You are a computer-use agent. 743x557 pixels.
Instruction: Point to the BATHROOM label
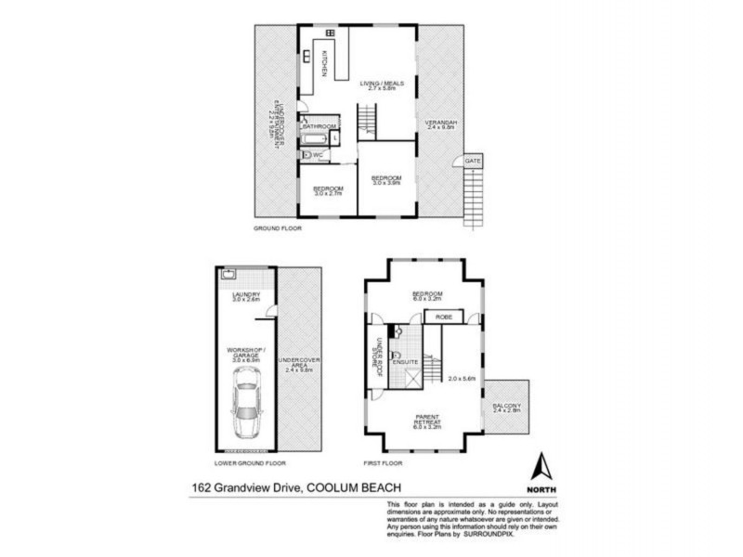[318, 125]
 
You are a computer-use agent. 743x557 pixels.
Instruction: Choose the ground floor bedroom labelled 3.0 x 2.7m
[329, 190]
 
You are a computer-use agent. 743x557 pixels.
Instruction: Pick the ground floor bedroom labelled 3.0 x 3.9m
[385, 180]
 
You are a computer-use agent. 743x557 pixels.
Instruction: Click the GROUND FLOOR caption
[278, 227]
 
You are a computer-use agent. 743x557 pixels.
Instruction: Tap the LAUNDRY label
[245, 296]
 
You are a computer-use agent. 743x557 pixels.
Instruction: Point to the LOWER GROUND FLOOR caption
[250, 461]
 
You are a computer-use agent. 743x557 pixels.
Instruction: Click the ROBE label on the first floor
[442, 317]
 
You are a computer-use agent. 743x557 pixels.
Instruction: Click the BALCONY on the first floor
[506, 408]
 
